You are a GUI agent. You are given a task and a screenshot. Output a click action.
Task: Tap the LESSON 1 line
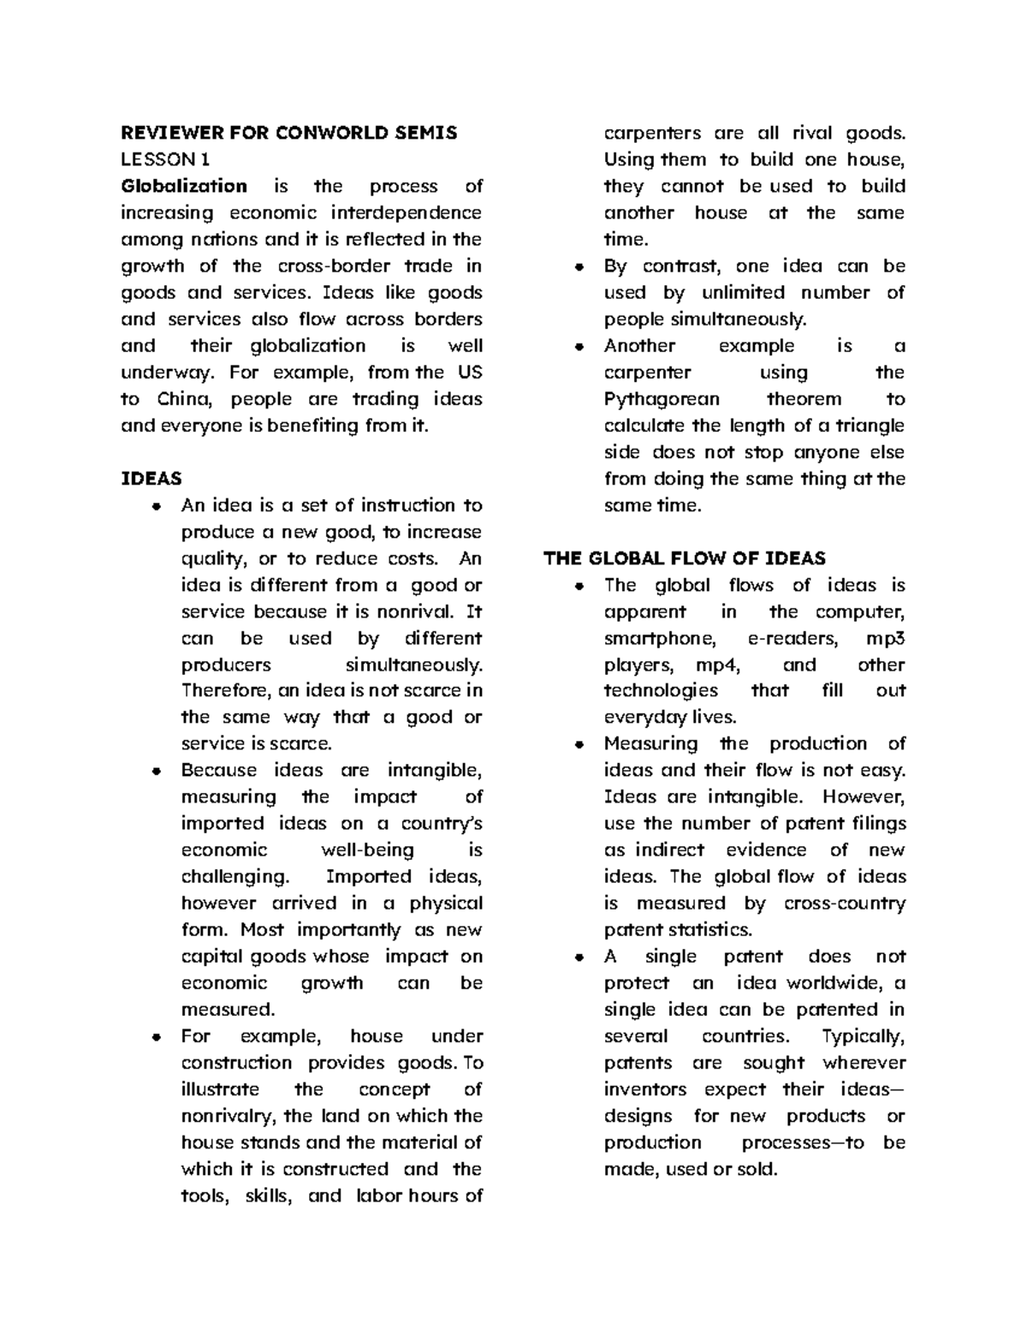point(164,159)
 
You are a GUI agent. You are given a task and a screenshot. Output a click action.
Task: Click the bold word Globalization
point(184,186)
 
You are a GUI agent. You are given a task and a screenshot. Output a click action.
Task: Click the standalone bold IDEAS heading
point(151,479)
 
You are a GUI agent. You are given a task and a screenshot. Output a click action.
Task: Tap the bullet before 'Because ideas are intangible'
point(155,771)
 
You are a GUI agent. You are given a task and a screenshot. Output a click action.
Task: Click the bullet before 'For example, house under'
point(155,1036)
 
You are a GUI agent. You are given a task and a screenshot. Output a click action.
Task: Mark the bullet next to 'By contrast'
point(579,266)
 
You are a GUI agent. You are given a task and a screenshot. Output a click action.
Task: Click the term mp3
point(886,638)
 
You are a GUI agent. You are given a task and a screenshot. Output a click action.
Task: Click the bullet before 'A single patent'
point(579,957)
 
